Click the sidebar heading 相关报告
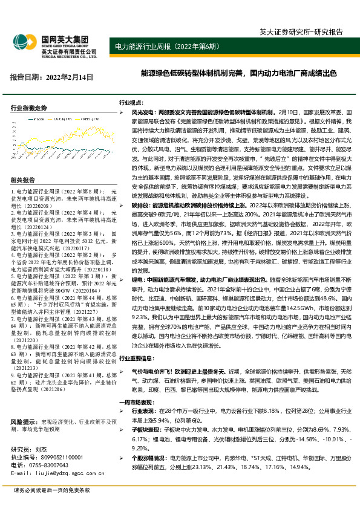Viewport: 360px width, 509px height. click(x=23, y=180)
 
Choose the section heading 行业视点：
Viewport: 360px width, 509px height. click(x=131, y=103)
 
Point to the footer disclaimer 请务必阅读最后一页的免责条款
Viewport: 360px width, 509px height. click(x=51, y=490)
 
